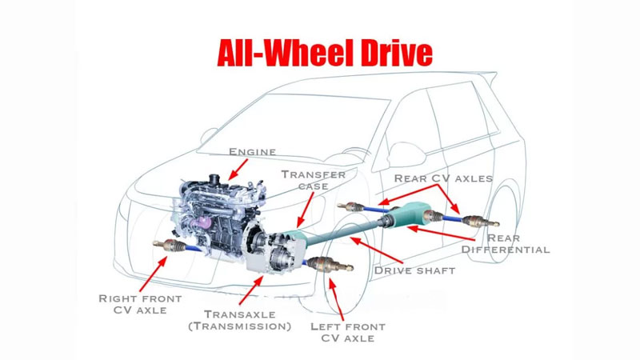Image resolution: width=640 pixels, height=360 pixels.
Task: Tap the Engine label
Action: click(252, 151)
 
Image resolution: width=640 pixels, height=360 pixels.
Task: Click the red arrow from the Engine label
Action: click(238, 167)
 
